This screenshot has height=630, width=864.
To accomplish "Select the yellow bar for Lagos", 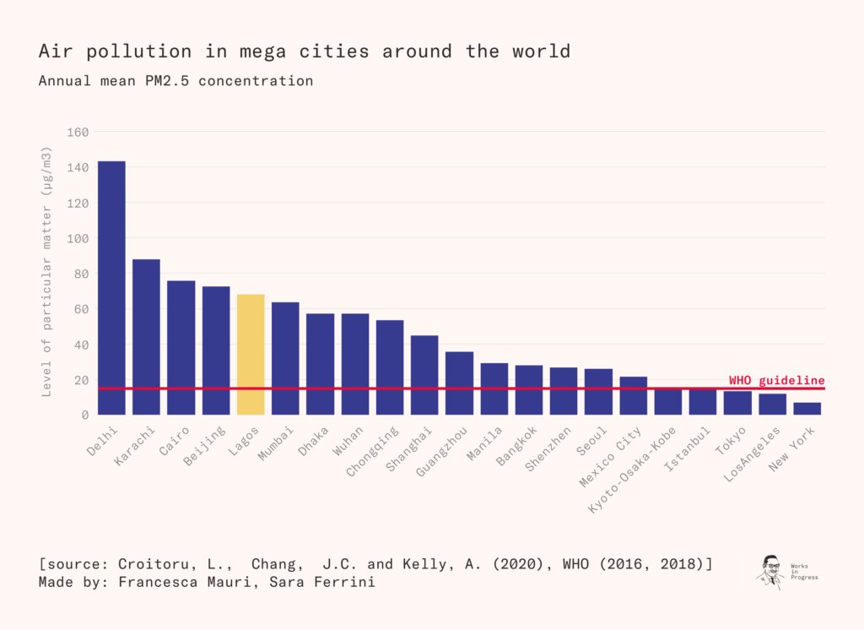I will tap(251, 355).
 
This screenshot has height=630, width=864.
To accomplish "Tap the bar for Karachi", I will tap(146, 337).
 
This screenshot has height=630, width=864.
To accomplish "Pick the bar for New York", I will tap(807, 409).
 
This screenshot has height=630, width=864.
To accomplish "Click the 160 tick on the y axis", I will tap(78, 132).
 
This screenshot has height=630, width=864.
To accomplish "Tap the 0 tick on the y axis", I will tap(85, 415).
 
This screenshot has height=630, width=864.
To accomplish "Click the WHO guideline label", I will tap(776, 380).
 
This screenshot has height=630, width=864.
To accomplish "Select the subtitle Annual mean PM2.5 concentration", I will tap(175, 81).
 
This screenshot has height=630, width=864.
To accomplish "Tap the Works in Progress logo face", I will tap(770, 569).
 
